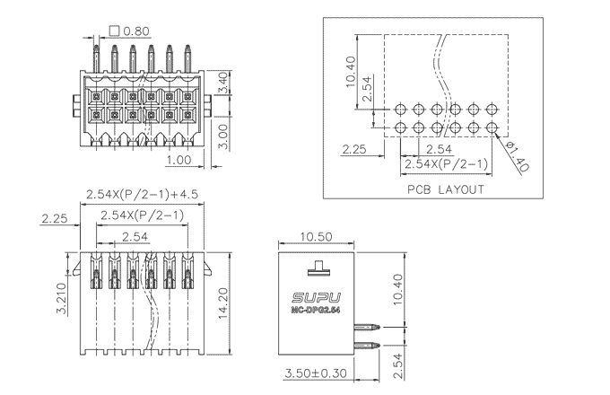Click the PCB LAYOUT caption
click(x=446, y=189)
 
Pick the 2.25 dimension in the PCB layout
click(x=354, y=148)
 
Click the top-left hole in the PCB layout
click(x=400, y=110)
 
